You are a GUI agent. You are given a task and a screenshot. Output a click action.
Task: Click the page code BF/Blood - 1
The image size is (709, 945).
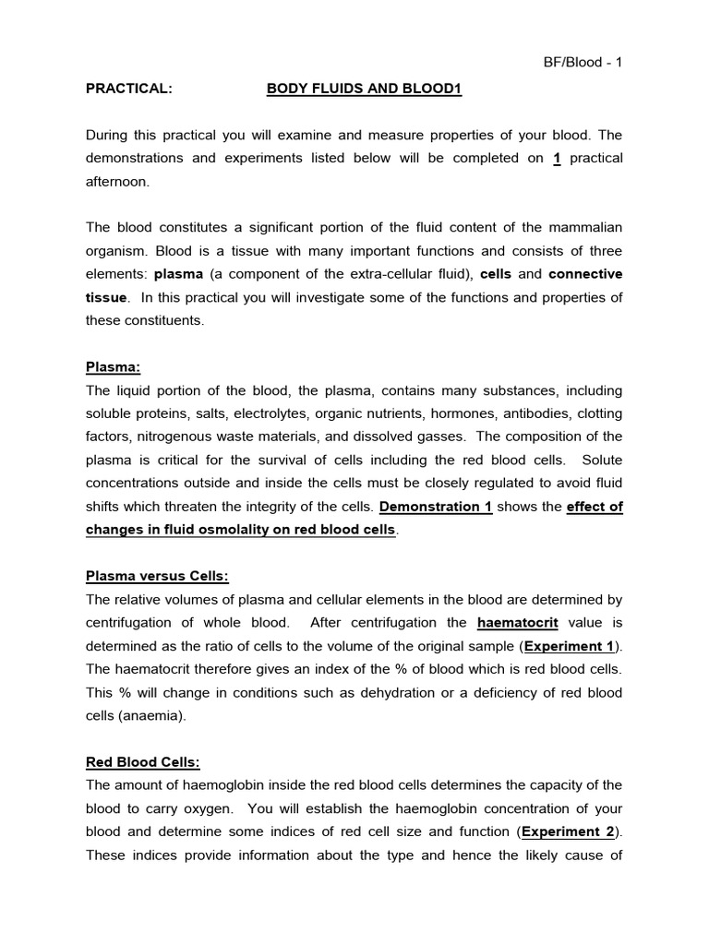(582, 63)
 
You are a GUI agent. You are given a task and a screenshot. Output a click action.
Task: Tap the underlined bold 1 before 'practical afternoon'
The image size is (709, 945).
(557, 158)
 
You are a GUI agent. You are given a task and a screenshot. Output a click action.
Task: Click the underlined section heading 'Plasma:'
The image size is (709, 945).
(114, 366)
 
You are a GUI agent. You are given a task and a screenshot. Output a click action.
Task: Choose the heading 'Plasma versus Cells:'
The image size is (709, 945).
(157, 576)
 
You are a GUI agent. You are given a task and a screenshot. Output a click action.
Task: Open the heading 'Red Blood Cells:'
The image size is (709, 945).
(143, 762)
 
